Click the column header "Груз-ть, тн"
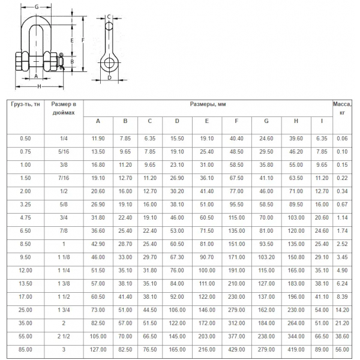tap(25, 104)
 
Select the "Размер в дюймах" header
tap(64, 107)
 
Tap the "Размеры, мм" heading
tap(208, 104)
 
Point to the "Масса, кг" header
tap(342, 107)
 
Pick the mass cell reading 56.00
tap(342, 349)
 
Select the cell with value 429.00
tap(236, 349)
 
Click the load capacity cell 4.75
tap(25, 217)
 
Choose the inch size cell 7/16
tap(64, 178)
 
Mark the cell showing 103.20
tap(266, 257)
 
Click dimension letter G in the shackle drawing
tap(37, 7)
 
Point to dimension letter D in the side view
tap(109, 77)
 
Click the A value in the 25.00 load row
tap(98, 310)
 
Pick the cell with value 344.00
tap(296, 336)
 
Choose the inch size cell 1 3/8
tap(64, 283)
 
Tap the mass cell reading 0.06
tap(342, 139)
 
